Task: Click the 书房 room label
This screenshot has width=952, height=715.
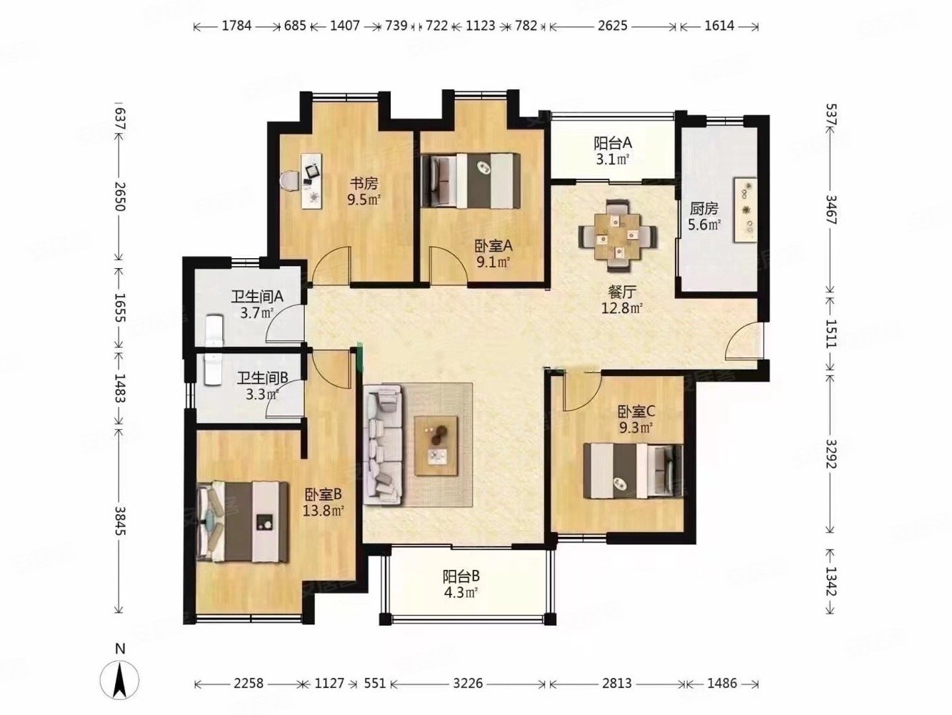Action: (363, 184)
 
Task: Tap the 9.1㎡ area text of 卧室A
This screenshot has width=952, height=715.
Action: (493, 262)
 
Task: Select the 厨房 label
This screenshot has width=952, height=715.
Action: (704, 209)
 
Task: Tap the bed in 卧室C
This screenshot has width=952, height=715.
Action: (633, 471)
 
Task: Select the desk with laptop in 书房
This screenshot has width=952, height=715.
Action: (311, 179)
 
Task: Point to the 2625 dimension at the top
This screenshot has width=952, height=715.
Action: (612, 26)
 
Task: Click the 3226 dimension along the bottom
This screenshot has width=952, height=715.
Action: (468, 683)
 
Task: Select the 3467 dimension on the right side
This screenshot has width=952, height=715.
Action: (830, 209)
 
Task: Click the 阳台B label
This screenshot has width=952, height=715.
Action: (461, 576)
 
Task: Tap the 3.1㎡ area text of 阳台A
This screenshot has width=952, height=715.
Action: (613, 159)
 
